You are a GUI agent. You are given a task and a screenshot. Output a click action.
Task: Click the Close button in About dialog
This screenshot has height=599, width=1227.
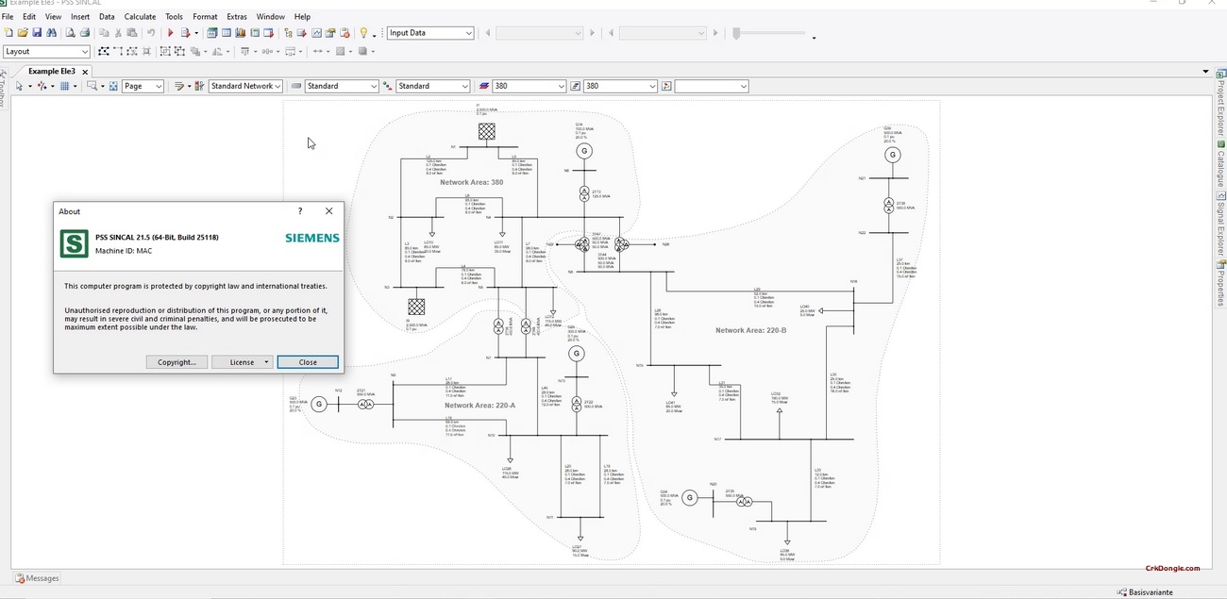[x=308, y=362]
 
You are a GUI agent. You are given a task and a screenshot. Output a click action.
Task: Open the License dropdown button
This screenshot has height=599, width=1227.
[x=243, y=362]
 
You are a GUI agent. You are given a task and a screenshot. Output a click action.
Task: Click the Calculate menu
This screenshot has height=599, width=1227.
[x=140, y=17]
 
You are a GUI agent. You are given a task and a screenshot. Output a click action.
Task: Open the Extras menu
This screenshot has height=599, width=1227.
[x=236, y=17]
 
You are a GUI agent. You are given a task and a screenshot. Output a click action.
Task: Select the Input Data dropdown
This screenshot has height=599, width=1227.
[x=430, y=33]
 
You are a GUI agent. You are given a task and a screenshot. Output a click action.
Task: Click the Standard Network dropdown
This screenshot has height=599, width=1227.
[x=245, y=86]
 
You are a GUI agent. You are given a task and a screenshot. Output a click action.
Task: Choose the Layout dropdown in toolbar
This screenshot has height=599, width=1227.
[x=46, y=52]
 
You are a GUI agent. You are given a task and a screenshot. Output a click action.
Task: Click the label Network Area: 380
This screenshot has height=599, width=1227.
[x=471, y=182]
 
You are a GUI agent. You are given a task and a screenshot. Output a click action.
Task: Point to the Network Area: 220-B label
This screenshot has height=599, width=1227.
[x=750, y=330]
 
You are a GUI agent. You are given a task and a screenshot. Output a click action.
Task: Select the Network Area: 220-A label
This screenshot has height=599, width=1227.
[x=479, y=405]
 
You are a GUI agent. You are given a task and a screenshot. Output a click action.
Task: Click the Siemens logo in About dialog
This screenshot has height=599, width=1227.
[x=311, y=239]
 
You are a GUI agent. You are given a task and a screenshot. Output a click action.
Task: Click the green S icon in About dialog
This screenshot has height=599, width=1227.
[x=74, y=243]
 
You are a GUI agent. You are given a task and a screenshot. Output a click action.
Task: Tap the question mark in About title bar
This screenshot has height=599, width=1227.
[x=300, y=211]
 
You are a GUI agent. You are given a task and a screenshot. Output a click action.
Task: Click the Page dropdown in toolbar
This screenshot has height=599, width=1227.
[x=143, y=86]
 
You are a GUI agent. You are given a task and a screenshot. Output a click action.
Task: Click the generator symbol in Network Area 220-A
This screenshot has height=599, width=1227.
[x=576, y=354]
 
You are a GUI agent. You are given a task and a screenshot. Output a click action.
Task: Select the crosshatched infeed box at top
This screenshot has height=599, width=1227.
[x=486, y=132]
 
